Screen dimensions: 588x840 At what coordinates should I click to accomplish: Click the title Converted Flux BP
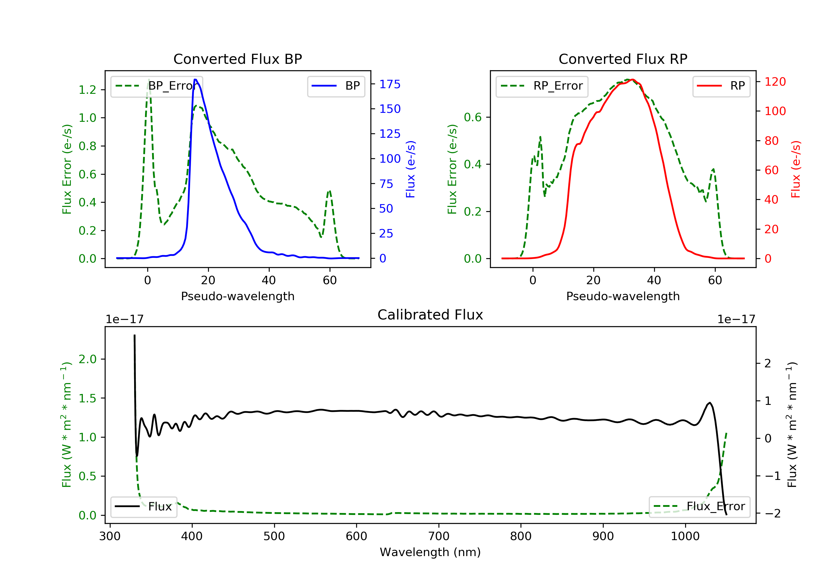tap(237, 59)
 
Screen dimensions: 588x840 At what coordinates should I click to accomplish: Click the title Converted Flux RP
tap(623, 59)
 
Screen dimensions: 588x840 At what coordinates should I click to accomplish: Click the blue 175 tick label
tap(390, 85)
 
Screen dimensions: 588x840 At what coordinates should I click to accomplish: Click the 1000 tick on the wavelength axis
tap(685, 536)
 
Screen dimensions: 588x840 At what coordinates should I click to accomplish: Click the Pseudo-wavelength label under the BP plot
tap(237, 296)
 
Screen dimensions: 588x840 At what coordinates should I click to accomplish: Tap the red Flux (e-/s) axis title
tap(796, 169)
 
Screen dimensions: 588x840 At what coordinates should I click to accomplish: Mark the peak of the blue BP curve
tap(195, 80)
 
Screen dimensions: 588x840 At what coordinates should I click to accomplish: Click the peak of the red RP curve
tap(633, 80)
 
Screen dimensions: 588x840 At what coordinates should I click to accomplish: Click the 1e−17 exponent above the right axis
tap(736, 319)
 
